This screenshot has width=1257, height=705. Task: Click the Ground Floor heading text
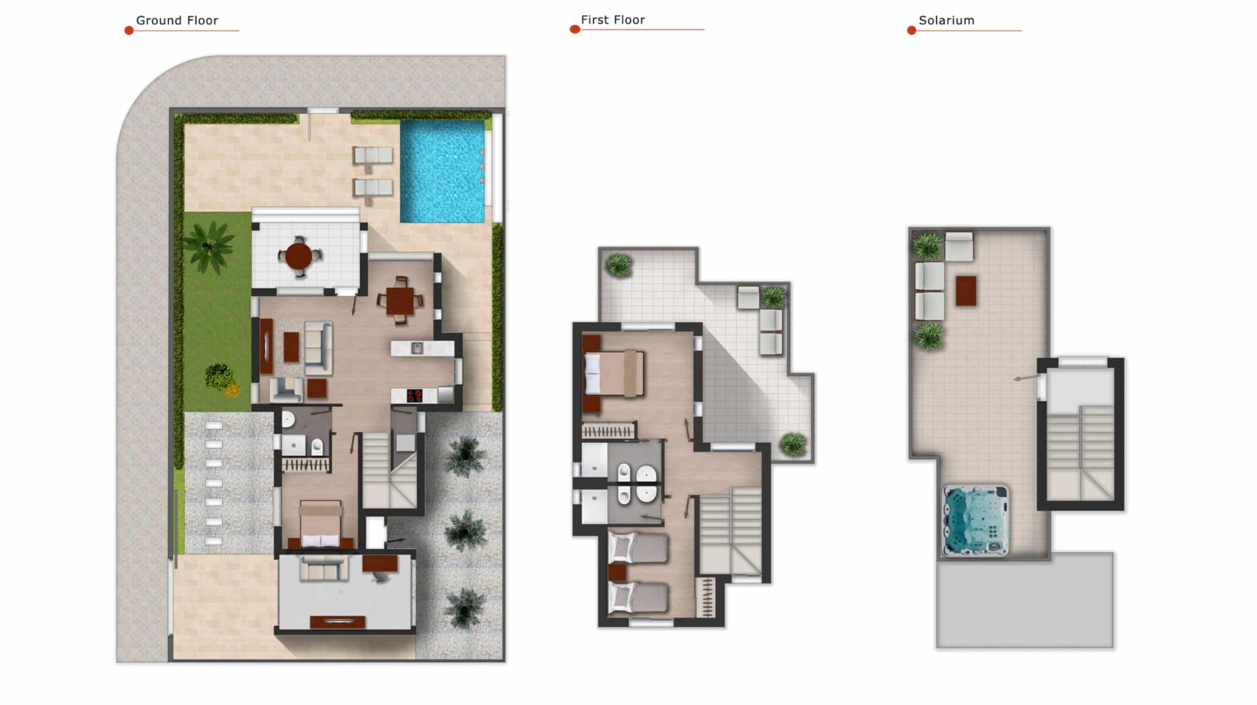coord(177,20)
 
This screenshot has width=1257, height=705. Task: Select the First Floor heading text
coord(613,19)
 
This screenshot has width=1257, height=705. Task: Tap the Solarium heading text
coord(947,20)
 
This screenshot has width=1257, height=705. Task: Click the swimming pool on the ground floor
coord(442,171)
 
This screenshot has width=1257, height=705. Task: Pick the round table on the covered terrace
coord(299,256)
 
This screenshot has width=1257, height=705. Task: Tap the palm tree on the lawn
coord(209,247)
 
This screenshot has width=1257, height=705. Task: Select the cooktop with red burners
coord(414,396)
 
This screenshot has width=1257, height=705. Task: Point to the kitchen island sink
coord(416,348)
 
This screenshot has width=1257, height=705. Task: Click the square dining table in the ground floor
coord(400,301)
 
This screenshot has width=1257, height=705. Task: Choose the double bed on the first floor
coord(614,374)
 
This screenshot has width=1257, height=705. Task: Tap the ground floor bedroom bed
coord(321,525)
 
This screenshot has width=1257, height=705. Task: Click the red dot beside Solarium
coord(911,30)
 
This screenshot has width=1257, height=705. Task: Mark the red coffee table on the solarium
coord(966,291)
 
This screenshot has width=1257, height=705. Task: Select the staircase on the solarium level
coord(1080,453)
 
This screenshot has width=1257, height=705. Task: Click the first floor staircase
coord(731,531)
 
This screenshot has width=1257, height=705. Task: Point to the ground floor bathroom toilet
coord(317,447)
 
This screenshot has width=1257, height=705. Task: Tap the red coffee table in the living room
coord(291,347)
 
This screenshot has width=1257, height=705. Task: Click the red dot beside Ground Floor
coord(129,30)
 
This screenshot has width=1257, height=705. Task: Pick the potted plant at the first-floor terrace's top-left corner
coord(619,265)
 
